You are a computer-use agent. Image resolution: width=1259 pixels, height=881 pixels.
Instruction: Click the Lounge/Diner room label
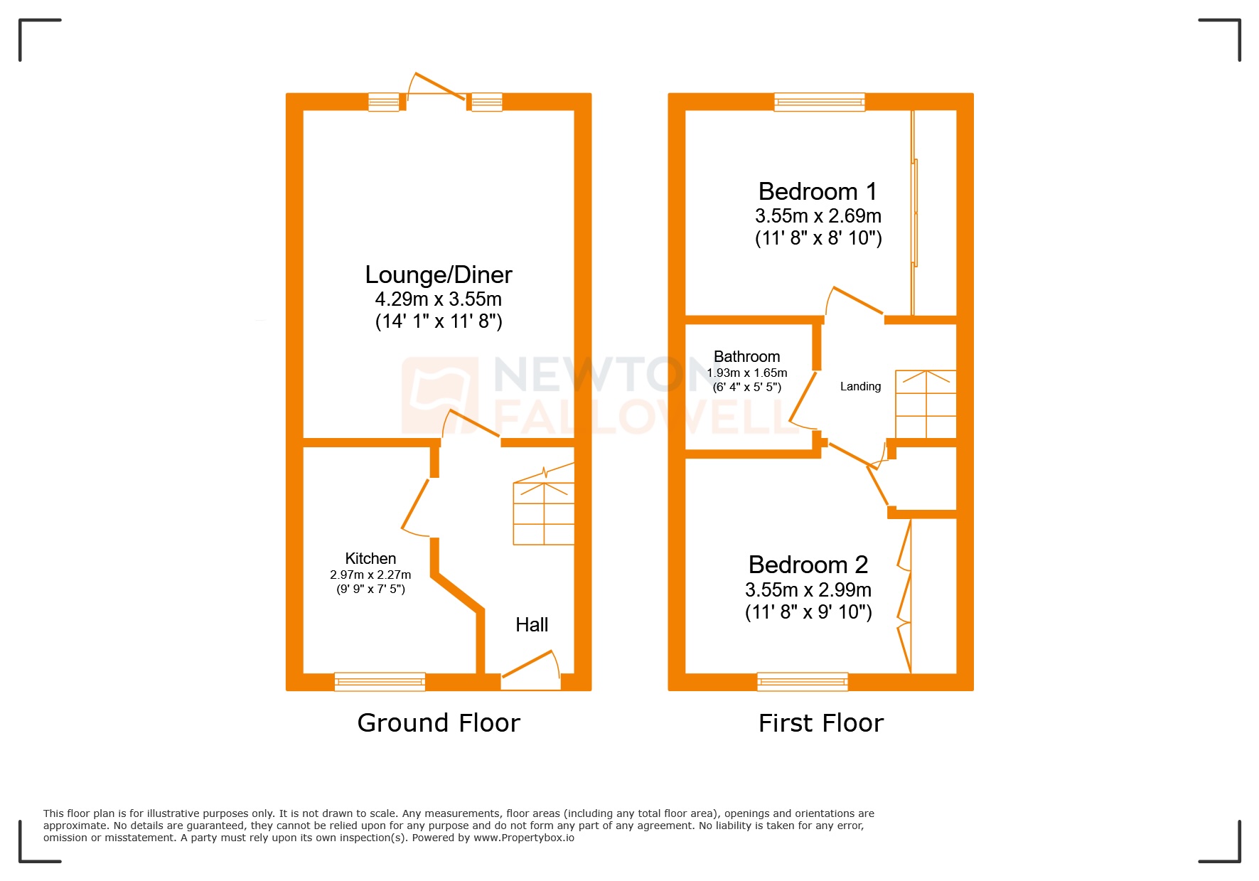438,274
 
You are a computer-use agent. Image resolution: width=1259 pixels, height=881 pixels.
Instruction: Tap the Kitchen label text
370,558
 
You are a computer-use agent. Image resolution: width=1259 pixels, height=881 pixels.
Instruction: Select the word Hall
532,624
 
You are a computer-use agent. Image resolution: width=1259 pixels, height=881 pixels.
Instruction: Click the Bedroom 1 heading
818,191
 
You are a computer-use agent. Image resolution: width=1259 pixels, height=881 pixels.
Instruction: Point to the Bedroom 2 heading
808,565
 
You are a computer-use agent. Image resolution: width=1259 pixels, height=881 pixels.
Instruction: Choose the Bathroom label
746,356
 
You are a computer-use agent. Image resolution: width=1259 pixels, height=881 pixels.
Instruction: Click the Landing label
860,386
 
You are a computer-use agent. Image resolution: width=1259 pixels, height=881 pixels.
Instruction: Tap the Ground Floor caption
439,722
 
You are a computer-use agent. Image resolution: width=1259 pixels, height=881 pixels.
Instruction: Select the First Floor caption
821,722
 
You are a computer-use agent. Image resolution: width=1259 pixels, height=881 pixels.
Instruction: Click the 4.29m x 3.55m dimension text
438,299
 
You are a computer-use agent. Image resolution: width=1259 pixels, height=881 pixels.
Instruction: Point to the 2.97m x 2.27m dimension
370,575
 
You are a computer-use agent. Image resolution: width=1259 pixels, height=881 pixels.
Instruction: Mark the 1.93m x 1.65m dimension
747,373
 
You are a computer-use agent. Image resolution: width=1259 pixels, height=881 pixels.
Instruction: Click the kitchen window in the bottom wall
380,681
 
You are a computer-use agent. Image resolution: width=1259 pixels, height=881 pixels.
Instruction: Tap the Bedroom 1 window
820,102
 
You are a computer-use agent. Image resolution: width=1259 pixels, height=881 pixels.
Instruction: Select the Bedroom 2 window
803,681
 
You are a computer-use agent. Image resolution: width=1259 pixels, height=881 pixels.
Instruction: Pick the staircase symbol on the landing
926,403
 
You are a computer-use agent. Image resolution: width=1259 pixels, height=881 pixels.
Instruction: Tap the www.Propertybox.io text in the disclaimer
524,838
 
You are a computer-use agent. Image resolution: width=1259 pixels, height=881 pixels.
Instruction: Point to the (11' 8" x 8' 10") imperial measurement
818,238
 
